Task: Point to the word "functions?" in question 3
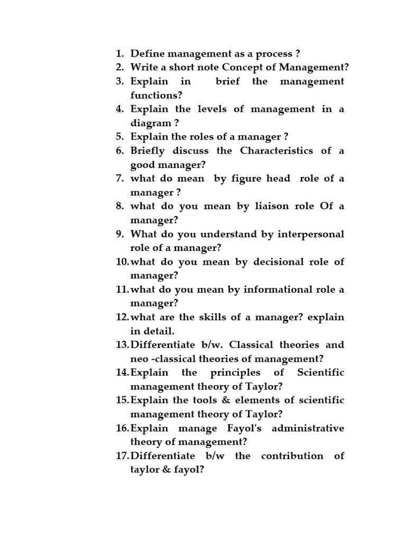tap(156, 95)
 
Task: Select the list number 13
tap(122, 345)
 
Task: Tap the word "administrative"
tap(308, 428)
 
